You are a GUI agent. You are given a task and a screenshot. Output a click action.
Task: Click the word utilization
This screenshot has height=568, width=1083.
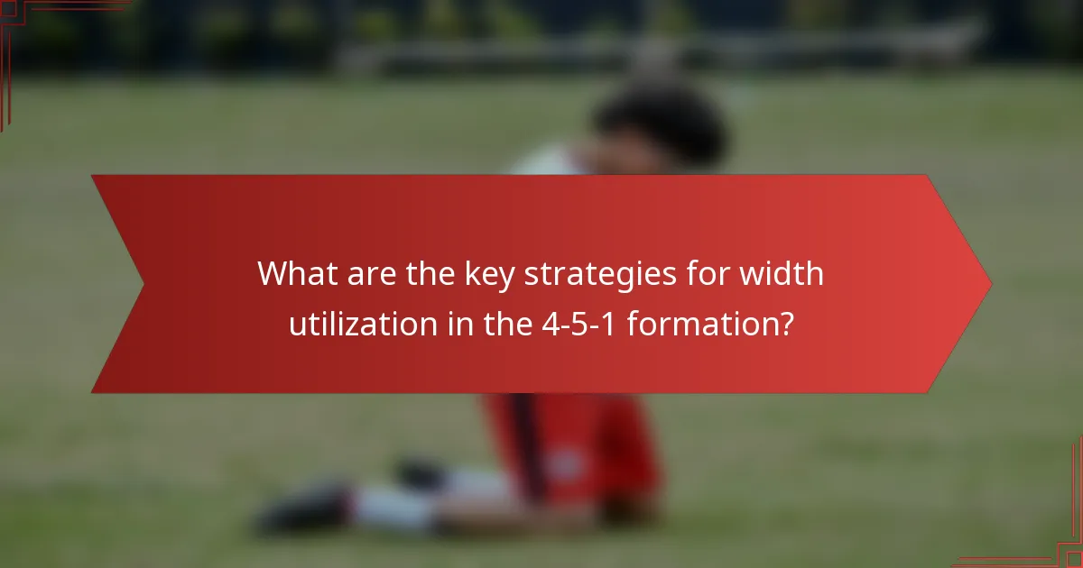[x=353, y=323]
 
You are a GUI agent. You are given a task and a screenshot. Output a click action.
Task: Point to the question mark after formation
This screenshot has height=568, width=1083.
[x=785, y=323]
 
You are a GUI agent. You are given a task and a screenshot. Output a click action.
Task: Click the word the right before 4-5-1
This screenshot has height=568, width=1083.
[x=494, y=323]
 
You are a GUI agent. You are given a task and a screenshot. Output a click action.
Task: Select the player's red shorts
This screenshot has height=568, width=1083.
[x=578, y=442]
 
